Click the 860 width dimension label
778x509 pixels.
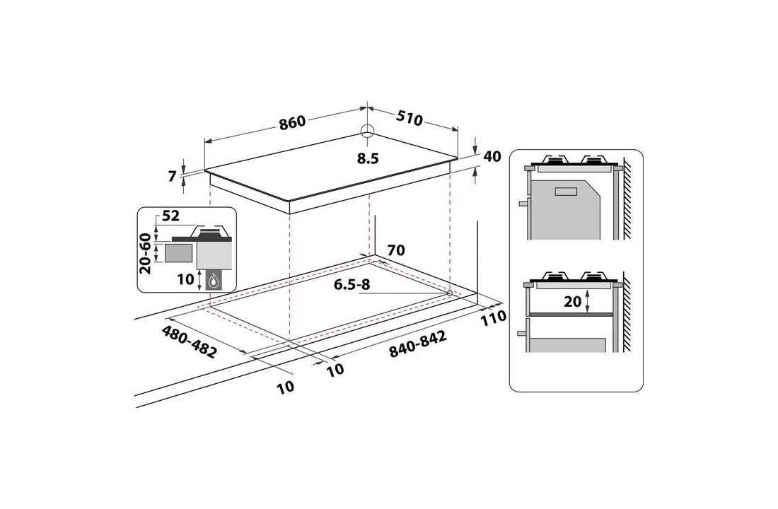(x=292, y=122)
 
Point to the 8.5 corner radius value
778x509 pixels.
(x=368, y=159)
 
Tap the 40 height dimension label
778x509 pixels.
(x=493, y=156)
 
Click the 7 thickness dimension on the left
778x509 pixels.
(x=172, y=177)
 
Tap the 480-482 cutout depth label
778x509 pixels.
(x=189, y=342)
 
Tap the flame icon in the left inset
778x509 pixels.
(x=213, y=280)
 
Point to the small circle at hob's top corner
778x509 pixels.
(x=367, y=130)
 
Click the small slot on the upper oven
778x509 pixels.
(x=566, y=191)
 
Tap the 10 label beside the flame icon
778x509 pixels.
(x=185, y=279)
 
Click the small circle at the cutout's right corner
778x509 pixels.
(x=450, y=293)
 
